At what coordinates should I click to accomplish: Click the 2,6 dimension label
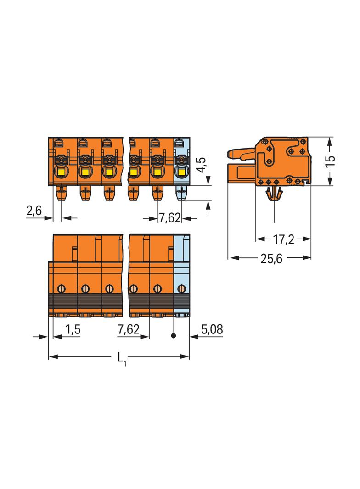click(34, 211)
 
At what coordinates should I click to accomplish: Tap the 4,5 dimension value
click(202, 165)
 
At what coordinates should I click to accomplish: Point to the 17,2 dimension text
click(284, 239)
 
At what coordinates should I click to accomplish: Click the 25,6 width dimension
click(271, 259)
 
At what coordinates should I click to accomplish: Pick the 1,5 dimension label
click(73, 329)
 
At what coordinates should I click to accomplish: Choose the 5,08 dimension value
click(212, 329)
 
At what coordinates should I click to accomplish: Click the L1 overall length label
click(122, 358)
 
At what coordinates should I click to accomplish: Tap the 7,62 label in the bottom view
click(128, 329)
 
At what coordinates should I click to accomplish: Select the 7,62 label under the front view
click(170, 218)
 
